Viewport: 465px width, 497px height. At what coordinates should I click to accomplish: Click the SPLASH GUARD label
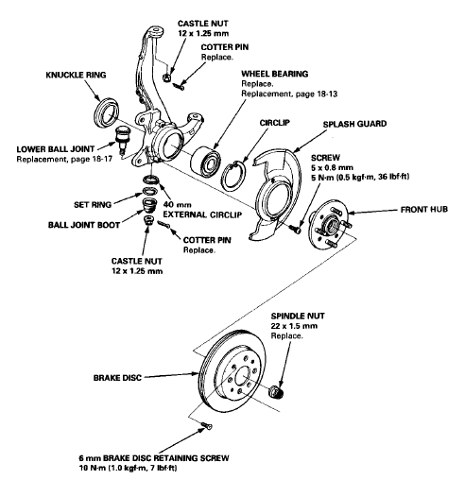[354, 124]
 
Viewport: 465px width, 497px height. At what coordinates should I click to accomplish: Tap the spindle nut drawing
[276, 392]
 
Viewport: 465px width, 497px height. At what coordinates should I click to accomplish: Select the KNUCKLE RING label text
[76, 75]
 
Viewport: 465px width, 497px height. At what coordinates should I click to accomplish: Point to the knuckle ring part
[108, 113]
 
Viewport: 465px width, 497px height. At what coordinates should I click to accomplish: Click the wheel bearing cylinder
[206, 162]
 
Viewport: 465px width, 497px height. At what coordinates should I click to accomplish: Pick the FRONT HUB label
[424, 210]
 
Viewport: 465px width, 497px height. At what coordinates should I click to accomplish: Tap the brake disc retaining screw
[206, 425]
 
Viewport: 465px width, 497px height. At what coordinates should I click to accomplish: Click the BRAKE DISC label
[117, 378]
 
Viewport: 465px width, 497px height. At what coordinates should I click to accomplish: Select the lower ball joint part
[122, 140]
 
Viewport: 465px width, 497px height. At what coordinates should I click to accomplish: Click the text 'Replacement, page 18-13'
[289, 94]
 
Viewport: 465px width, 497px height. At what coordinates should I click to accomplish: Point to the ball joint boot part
[148, 205]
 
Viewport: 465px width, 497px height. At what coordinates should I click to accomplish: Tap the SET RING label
[93, 204]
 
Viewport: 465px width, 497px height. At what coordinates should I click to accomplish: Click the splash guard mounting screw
[295, 229]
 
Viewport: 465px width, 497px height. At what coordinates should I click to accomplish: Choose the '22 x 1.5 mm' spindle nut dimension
[294, 326]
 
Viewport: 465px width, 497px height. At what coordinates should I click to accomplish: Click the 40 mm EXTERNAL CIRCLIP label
[202, 210]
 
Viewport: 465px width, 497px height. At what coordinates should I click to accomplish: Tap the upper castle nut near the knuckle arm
[167, 77]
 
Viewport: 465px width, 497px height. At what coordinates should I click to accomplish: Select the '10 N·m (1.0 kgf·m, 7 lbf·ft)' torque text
[128, 468]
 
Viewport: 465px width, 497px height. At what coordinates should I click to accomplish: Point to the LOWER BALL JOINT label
[56, 149]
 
